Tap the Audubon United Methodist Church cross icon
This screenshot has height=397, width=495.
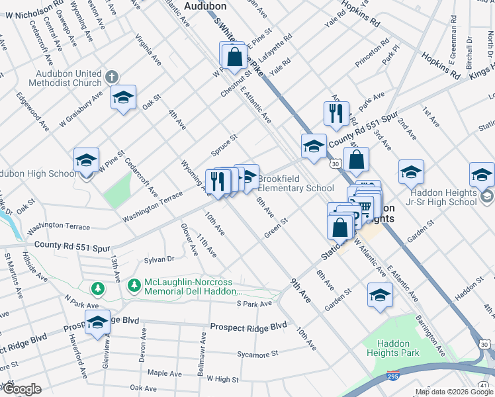111,76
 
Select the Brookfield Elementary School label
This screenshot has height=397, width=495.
295,183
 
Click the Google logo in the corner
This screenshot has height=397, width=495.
21,389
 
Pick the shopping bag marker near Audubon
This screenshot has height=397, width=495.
234,56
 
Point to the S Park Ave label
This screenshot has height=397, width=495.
254,304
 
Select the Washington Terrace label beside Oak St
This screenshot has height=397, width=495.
58,227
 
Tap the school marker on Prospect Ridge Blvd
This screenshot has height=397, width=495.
97,323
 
